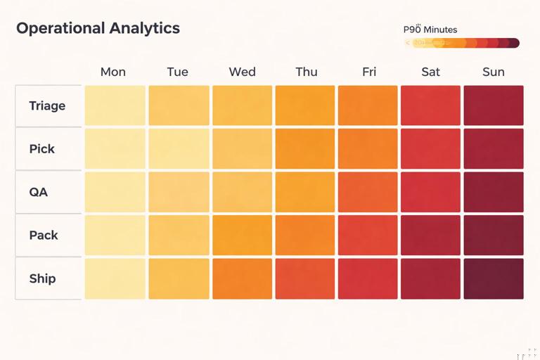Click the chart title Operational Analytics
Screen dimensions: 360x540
click(98, 29)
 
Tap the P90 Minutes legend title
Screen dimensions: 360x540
click(430, 30)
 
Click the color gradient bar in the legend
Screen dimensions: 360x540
click(462, 43)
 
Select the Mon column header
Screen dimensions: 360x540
click(113, 72)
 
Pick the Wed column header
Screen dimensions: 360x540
click(242, 72)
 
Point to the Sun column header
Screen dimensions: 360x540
click(494, 72)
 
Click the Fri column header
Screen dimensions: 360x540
click(368, 72)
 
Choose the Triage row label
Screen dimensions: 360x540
click(48, 105)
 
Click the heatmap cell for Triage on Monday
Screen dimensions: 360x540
click(115, 105)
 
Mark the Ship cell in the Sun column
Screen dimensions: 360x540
click(494, 278)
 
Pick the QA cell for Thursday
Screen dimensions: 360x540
click(304, 192)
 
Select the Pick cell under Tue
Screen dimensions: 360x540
click(179, 148)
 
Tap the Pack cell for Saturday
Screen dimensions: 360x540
click(430, 235)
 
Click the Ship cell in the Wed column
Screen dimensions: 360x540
click(242, 278)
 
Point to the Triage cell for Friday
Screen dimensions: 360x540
click(368, 105)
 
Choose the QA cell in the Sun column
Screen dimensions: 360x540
click(494, 192)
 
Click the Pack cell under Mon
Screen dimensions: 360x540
click(115, 235)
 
